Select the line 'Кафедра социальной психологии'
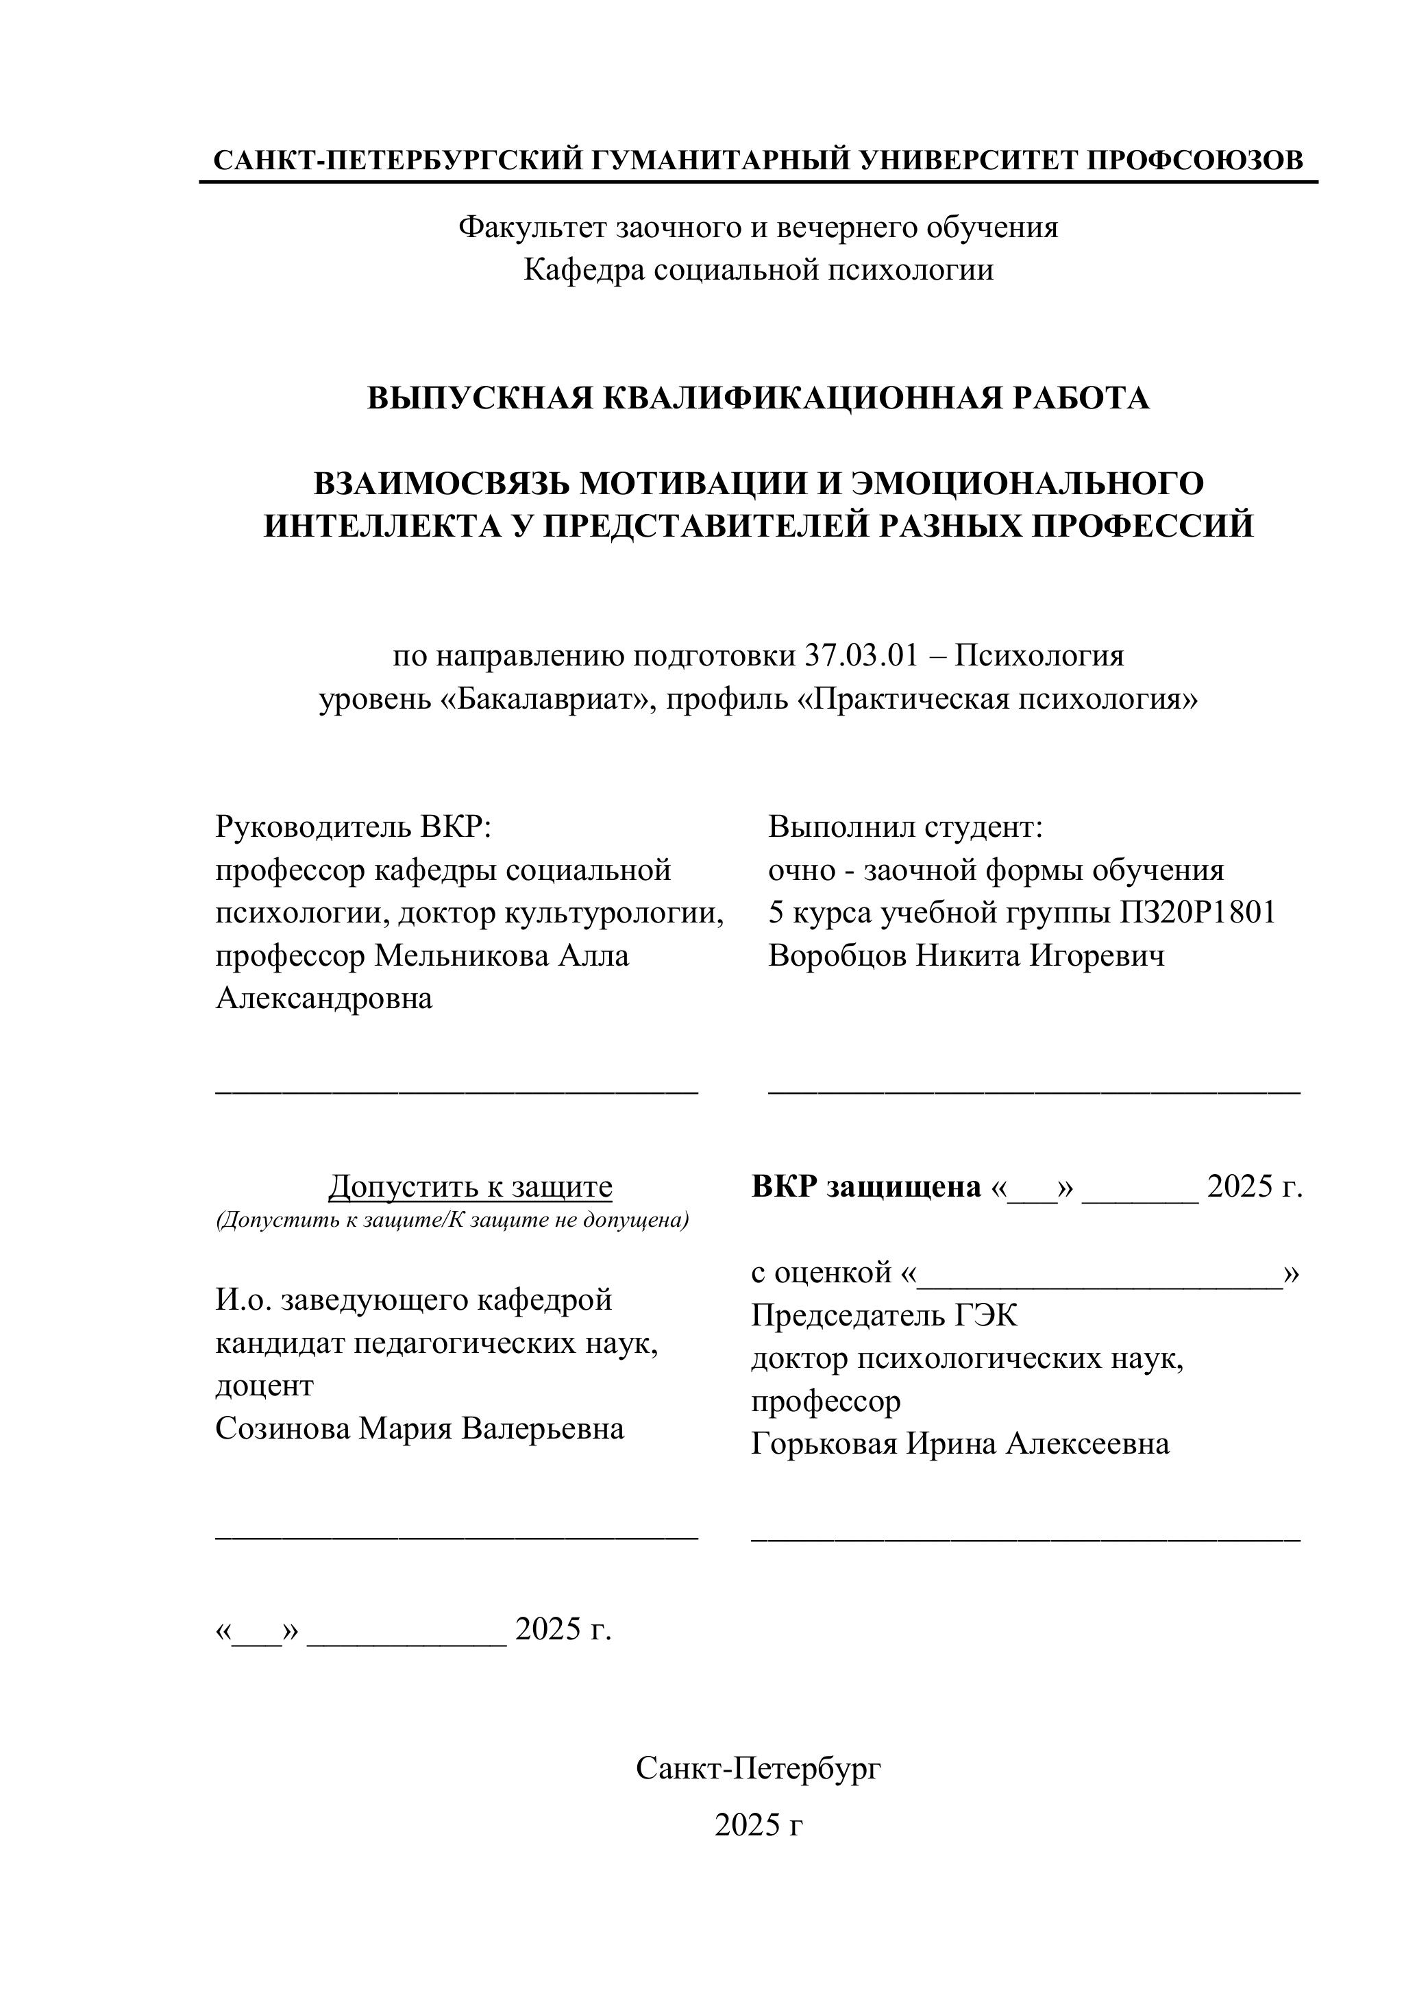pos(759,270)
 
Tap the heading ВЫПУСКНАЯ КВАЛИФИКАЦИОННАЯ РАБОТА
pos(759,398)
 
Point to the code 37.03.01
pos(861,655)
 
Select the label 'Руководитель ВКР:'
pos(354,826)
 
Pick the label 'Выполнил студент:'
pos(906,826)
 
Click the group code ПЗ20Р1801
pos(1197,912)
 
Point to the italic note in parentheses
pos(452,1219)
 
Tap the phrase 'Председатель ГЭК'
pos(884,1315)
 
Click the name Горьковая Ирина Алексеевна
pos(960,1443)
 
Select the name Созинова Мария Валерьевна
pos(420,1428)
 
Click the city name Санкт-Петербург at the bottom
pos(759,1769)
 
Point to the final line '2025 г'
pos(759,1824)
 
